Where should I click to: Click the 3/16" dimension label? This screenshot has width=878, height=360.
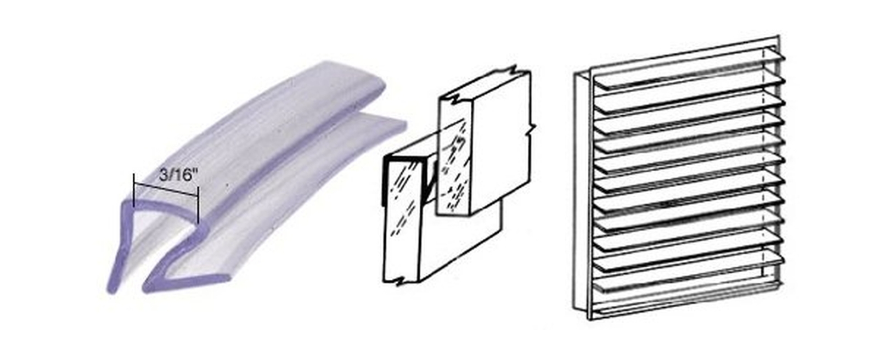pyautogui.click(x=178, y=175)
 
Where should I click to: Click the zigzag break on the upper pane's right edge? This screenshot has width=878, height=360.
pyautogui.click(x=530, y=130)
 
